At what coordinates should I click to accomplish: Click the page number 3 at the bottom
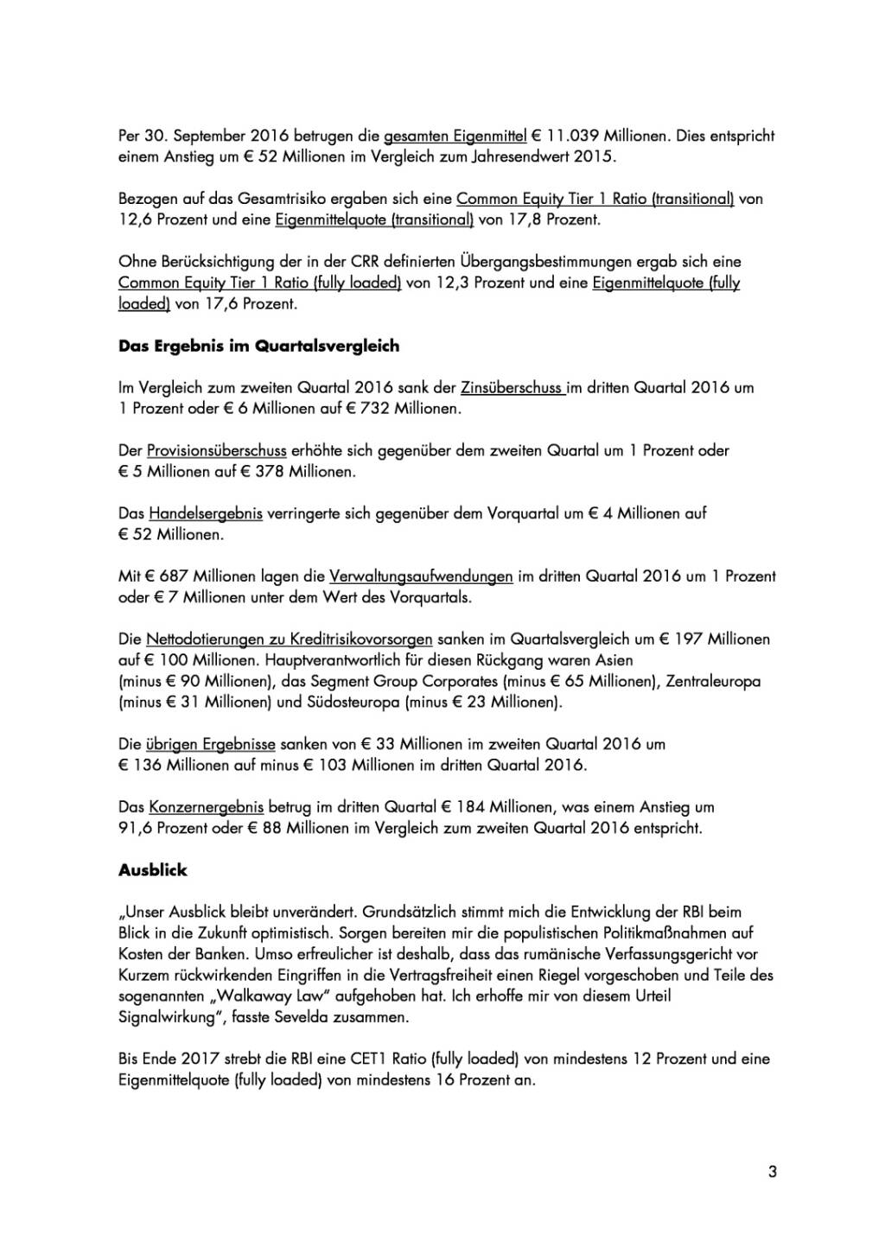(x=773, y=1172)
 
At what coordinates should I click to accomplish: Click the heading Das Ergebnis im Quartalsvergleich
(x=258, y=346)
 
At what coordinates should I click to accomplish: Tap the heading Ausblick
(x=153, y=870)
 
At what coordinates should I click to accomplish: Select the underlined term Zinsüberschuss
(x=513, y=388)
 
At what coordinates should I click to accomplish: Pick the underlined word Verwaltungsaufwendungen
(x=421, y=576)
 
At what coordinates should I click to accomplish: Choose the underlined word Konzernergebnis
(x=206, y=807)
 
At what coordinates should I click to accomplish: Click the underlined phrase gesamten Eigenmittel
(x=455, y=136)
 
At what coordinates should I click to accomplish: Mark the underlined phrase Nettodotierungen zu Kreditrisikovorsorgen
(x=290, y=639)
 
